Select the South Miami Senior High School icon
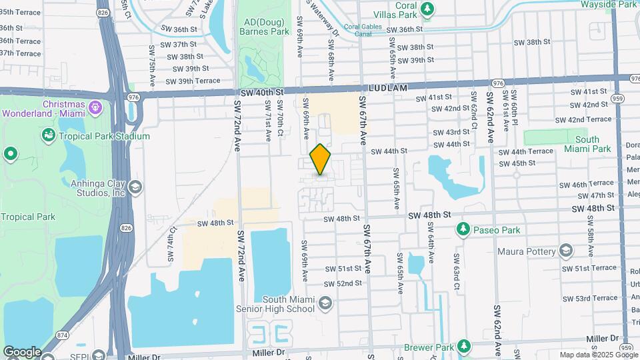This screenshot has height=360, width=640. [x=325, y=303]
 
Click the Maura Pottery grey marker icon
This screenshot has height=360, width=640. [x=566, y=251]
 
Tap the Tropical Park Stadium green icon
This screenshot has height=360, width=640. [x=49, y=136]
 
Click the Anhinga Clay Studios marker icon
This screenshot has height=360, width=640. [x=136, y=187]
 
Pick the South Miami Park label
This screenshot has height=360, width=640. [x=587, y=144]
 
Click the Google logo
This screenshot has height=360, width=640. [x=22, y=351]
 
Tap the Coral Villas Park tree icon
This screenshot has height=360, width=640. [x=427, y=9]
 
